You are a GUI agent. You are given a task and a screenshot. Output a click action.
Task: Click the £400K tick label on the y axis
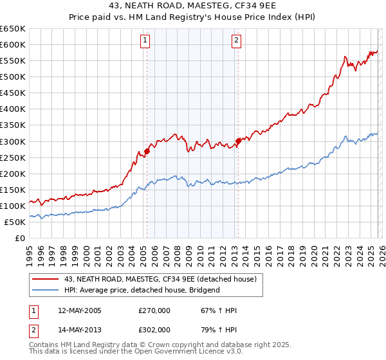click(13, 109)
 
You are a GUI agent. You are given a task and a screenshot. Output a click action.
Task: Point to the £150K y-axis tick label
click(13, 190)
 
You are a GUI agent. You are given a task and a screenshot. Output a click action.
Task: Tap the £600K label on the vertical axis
click(13, 44)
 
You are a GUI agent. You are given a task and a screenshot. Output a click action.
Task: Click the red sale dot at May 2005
click(147, 151)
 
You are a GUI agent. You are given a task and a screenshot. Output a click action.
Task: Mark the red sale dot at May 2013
click(238, 141)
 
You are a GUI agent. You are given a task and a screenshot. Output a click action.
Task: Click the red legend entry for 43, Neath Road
click(160, 278)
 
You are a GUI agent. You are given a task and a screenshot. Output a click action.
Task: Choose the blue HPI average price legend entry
click(142, 290)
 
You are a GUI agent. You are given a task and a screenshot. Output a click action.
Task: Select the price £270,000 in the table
click(154, 310)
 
